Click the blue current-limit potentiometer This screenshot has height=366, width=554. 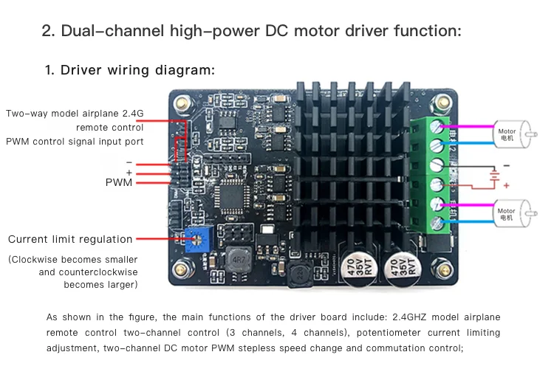(x=199, y=239)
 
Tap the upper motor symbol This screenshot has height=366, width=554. (x=515, y=134)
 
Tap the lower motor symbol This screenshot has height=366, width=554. (x=515, y=213)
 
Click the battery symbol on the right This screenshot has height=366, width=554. (x=495, y=176)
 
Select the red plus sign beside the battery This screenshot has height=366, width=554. (x=506, y=185)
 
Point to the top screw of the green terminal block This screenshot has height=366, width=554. (x=437, y=125)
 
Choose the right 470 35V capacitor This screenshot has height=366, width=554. (x=402, y=269)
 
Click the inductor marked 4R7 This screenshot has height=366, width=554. (x=239, y=260)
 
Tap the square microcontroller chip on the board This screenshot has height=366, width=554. (x=231, y=196)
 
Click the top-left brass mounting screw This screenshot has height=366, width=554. (x=182, y=103)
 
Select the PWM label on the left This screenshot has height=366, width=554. (x=119, y=182)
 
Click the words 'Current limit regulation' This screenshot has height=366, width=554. (x=70, y=239)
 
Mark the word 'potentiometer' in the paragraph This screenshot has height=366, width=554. (x=389, y=333)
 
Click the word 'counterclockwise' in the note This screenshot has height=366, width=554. (x=98, y=272)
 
